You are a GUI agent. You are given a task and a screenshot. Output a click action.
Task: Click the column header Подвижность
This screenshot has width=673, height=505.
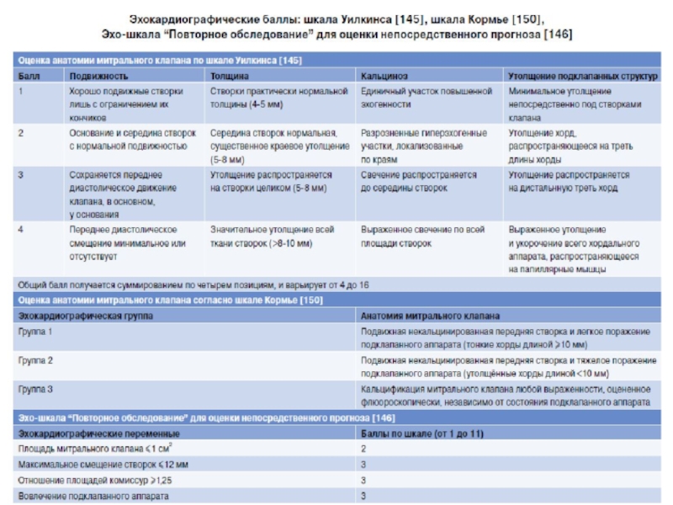(95, 75)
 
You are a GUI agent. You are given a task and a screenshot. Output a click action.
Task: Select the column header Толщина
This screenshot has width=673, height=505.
(229, 75)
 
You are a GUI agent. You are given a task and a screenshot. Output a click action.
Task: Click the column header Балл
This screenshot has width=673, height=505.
(28, 75)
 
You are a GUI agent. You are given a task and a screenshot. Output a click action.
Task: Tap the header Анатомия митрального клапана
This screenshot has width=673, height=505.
(430, 316)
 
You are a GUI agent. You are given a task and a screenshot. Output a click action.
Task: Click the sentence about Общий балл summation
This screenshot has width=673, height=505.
(180, 284)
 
